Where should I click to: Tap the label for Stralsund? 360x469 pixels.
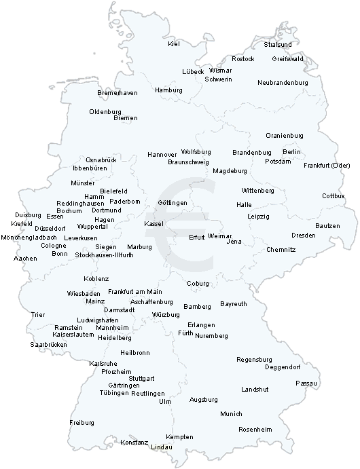click(x=277, y=45)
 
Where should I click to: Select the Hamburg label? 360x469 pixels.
click(x=168, y=90)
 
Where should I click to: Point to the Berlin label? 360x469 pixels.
click(x=291, y=151)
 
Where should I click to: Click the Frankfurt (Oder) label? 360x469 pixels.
click(x=326, y=166)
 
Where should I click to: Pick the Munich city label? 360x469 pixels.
click(x=231, y=413)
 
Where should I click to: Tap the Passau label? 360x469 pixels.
click(x=306, y=383)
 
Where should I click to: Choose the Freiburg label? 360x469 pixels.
click(x=82, y=422)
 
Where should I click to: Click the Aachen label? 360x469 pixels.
click(x=25, y=259)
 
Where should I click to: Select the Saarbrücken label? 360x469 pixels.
click(x=48, y=345)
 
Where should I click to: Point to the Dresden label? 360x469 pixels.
click(x=303, y=235)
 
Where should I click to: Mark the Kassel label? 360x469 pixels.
click(x=154, y=223)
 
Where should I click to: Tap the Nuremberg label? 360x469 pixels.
click(x=211, y=336)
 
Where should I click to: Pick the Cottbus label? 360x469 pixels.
click(x=333, y=196)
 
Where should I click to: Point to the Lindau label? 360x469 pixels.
click(x=161, y=447)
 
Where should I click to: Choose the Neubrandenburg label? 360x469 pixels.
click(x=283, y=83)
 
